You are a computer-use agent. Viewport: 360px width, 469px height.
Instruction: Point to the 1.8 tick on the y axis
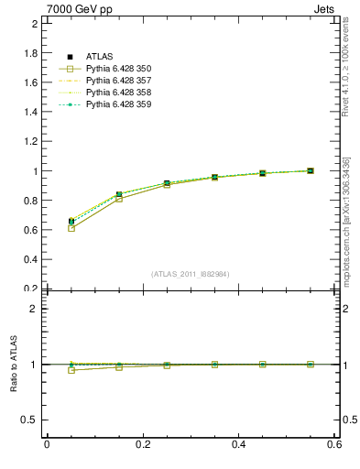tap(29, 53)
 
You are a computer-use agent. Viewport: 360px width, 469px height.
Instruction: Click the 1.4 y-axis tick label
tap(29, 112)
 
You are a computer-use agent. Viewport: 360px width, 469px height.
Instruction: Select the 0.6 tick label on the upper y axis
tap(29, 230)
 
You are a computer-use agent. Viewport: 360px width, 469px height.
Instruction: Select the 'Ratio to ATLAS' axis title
tap(14, 365)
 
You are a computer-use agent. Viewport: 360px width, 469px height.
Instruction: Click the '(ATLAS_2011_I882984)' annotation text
tap(190, 274)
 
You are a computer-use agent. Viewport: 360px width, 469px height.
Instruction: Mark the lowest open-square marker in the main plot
tap(71, 228)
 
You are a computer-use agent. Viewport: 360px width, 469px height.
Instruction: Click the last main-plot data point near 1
tap(311, 170)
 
